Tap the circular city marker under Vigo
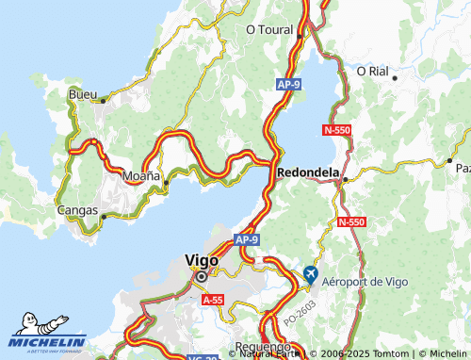pos(201,277)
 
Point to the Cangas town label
pos(77,210)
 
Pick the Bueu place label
pos(83,94)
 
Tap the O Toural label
pos(271,29)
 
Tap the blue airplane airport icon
pos(312,274)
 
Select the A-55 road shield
pos(214,299)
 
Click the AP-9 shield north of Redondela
pos(289,86)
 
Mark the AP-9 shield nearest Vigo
pos(246,239)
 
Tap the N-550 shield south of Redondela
pos(350,221)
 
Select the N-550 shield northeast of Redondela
pos(337,129)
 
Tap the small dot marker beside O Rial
pos(395,76)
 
